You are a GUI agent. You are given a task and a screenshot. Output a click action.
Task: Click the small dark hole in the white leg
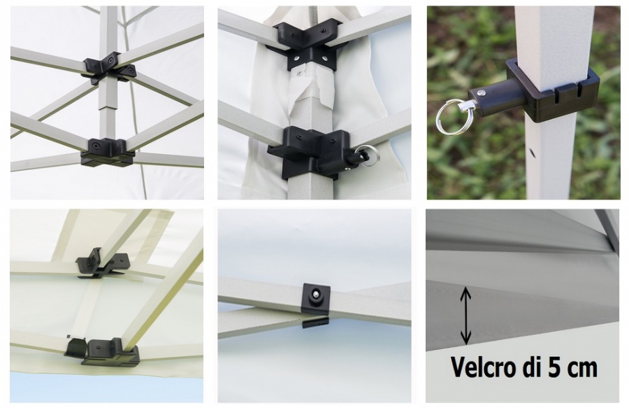coord(532,153)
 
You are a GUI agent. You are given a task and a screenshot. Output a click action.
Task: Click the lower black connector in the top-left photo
coord(107,152)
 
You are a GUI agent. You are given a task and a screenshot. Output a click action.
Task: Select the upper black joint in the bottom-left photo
coord(102,263)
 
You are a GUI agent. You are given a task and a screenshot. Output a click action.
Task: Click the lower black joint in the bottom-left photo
coord(103,351)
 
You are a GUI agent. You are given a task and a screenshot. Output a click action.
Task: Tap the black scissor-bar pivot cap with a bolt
coord(315,297)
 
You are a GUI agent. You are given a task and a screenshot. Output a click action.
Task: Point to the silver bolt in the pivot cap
coord(316,295)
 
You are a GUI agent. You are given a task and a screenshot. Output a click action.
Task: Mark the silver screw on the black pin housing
coord(482,93)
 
